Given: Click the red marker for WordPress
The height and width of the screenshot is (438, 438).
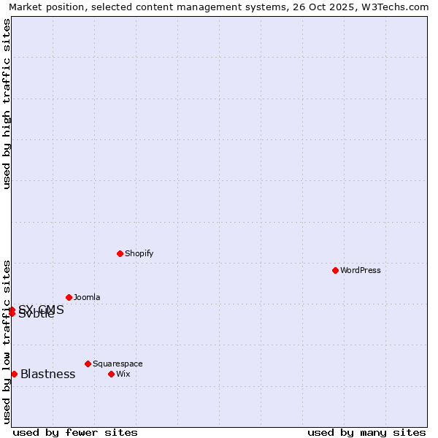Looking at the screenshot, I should [335, 270].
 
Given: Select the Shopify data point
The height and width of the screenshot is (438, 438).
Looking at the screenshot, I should [120, 253].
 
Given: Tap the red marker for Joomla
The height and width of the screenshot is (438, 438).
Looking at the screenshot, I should [69, 297].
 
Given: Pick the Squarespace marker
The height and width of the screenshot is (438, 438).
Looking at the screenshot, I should [88, 364].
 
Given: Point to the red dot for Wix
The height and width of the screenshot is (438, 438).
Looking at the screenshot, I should [111, 374].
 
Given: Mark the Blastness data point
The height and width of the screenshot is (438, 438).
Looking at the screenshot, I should [14, 374].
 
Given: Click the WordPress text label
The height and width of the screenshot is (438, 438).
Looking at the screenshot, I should [361, 270].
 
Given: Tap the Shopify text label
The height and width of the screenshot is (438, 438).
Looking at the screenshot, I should [139, 253].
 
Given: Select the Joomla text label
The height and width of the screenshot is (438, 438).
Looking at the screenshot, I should [87, 297].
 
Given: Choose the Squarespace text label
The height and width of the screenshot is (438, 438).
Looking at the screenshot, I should [118, 364].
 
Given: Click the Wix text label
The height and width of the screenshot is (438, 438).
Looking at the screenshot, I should [123, 374].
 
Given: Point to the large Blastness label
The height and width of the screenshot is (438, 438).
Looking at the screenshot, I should [47, 374].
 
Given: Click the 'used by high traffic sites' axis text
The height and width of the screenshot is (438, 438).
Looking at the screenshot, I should [7, 104].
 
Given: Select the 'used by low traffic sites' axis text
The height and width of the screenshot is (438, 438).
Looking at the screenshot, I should [7, 342].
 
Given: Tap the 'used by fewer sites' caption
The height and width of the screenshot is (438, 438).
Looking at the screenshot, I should [75, 432].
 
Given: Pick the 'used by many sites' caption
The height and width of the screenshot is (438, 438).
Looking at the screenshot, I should [366, 432].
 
